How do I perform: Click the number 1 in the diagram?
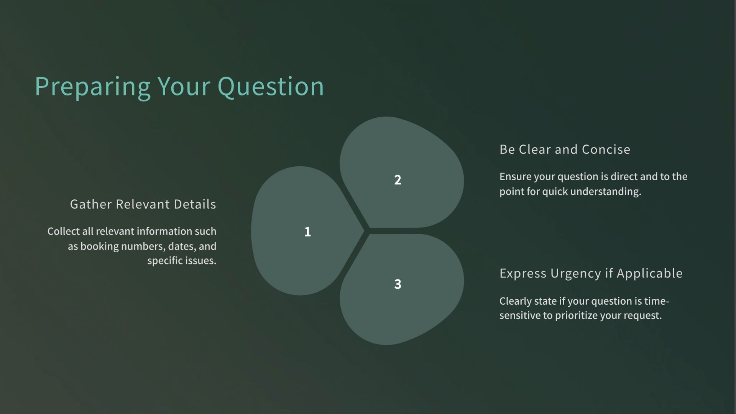click(307, 232)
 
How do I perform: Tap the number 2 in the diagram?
click(398, 180)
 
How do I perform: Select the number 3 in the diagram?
click(398, 284)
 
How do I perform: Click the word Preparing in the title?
click(92, 87)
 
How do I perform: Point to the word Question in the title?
click(271, 87)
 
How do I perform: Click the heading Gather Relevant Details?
click(143, 204)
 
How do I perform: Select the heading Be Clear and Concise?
click(565, 149)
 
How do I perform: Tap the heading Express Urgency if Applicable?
click(591, 273)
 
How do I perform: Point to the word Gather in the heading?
click(91, 204)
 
